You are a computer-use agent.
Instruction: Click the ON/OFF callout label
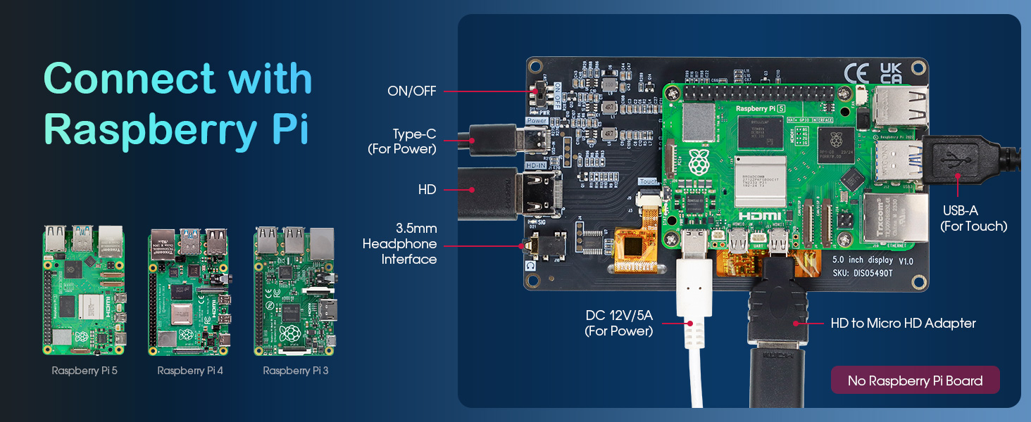pos(412,91)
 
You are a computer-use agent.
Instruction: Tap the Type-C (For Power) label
pos(402,141)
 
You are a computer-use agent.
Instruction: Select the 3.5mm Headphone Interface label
pos(399,244)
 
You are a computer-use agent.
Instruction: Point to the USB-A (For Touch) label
pos(973,218)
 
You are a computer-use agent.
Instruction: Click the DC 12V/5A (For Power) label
pos(618,323)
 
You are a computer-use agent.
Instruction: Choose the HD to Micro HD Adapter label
pos(903,324)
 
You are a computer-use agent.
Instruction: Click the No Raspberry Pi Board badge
pos(915,381)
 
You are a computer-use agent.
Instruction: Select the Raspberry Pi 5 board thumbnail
pos(84,290)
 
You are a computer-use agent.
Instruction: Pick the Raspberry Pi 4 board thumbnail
pos(189,291)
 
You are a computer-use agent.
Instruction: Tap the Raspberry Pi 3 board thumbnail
pos(295,291)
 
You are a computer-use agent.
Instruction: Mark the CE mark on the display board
pos(856,73)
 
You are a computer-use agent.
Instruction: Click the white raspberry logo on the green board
pos(699,162)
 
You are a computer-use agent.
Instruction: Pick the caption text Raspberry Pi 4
pos(189,370)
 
